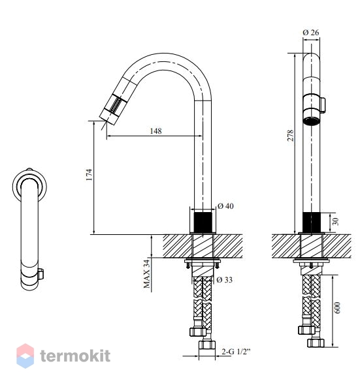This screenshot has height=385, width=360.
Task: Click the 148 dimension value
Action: tap(156, 131)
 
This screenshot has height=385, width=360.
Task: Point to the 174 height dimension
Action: tap(89, 175)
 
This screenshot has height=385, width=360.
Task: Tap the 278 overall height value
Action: tap(290, 135)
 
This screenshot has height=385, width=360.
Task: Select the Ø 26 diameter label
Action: tap(311, 33)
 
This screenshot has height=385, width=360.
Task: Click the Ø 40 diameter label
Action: tap(225, 206)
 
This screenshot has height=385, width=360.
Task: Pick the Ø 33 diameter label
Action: tap(225, 280)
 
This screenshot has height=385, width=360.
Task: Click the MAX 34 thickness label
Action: tap(146, 274)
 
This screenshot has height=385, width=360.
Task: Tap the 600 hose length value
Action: tap(337, 307)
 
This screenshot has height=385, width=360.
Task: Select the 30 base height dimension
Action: tap(335, 221)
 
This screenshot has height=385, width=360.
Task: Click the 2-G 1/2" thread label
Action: tap(236, 352)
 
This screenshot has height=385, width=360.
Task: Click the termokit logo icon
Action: tap(25, 356)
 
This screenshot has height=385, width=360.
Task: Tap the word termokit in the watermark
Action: tap(75, 356)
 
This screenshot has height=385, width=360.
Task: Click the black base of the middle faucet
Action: tap(203, 223)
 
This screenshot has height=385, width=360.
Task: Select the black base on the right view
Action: tap(311, 223)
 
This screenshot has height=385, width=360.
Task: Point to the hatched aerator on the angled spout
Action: tap(116, 104)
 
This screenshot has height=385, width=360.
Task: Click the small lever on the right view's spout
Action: tap(323, 105)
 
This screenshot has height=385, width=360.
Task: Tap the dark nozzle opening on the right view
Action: tap(311, 121)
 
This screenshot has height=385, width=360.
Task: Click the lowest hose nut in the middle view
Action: tap(207, 345)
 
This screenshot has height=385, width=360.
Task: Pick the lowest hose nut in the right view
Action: tap(316, 343)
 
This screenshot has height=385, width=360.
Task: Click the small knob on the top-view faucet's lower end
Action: tap(41, 274)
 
